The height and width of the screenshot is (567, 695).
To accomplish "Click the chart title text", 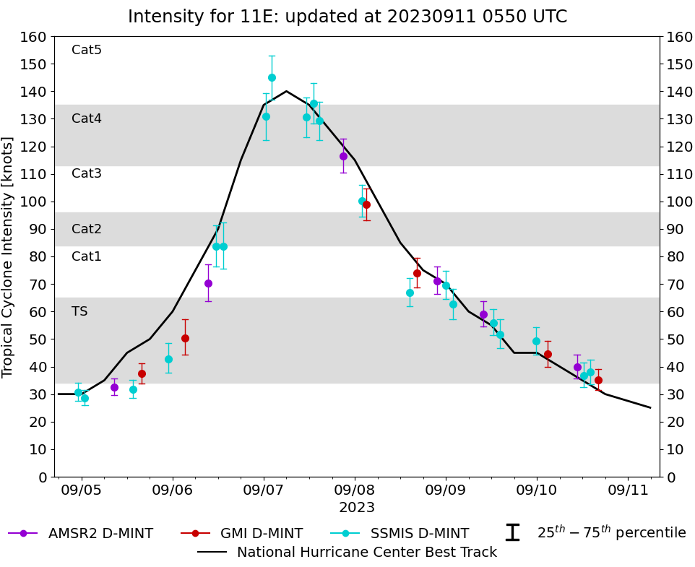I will tap(347, 17).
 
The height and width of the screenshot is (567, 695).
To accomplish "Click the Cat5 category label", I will tap(86, 50).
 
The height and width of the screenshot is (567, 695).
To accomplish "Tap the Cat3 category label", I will tap(86, 173).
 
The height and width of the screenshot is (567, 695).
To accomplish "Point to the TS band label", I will tap(79, 311).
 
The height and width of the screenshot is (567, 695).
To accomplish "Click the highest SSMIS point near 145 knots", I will tap(272, 77).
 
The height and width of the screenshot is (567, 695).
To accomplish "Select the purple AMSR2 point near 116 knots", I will tap(343, 156).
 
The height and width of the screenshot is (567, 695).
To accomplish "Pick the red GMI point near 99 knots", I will tap(366, 204).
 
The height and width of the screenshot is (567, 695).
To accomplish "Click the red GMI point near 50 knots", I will tap(185, 338).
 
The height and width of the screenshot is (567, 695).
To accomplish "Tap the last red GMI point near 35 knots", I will tap(598, 380).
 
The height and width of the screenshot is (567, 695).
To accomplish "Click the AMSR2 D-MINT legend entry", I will tap(81, 534).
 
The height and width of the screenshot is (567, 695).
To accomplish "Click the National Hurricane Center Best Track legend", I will tap(347, 553).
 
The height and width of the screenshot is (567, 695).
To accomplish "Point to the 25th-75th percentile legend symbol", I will tap(512, 533).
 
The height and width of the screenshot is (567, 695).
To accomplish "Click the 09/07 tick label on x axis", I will tap(264, 490).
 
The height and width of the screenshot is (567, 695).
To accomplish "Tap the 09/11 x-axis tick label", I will tap(628, 490).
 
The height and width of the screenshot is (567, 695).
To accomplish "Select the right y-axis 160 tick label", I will tap(678, 36).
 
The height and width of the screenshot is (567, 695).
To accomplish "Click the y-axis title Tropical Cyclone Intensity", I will tap(9, 256).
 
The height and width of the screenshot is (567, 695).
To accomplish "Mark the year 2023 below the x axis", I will tap(357, 508).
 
